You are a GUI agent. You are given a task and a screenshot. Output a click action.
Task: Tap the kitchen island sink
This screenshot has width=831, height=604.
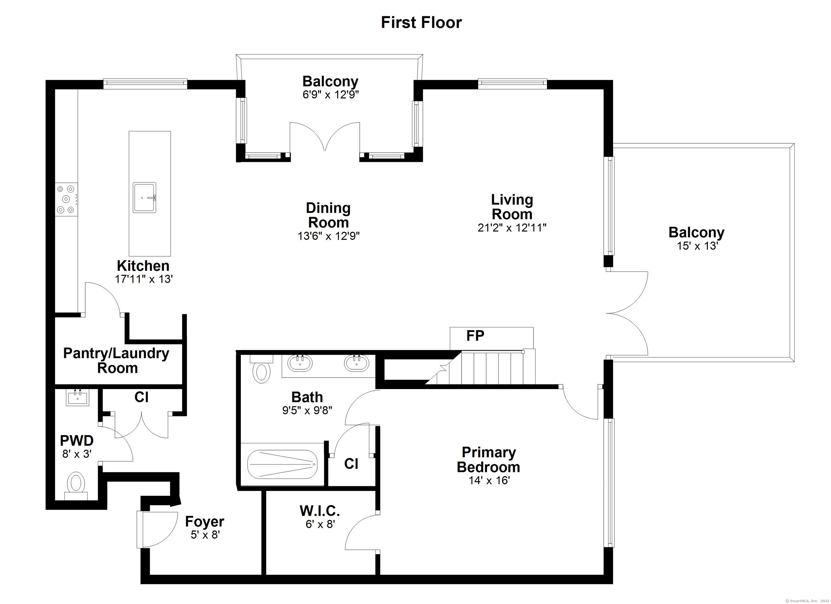coord(144,197)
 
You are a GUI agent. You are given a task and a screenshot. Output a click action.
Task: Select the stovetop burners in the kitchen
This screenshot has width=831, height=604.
coord(66,199)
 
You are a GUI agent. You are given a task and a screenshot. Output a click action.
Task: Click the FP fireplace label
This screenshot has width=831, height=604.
coord(475,336)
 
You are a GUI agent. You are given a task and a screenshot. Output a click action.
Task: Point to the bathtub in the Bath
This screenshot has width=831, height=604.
coord(282,464)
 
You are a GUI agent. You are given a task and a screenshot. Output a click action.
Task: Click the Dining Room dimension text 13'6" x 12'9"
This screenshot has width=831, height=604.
coord(329,236)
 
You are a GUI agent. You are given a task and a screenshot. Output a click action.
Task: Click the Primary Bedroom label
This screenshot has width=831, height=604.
coord(489,460)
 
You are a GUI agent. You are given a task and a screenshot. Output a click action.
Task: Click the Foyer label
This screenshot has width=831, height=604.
coord(205,521)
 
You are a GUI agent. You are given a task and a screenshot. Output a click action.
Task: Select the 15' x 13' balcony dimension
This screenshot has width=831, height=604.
coord(697,246)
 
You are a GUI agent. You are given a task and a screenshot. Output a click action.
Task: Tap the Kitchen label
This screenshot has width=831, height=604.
coord(143,266)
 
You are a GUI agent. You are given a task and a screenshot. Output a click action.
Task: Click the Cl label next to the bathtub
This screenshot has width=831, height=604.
coord(351,464)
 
